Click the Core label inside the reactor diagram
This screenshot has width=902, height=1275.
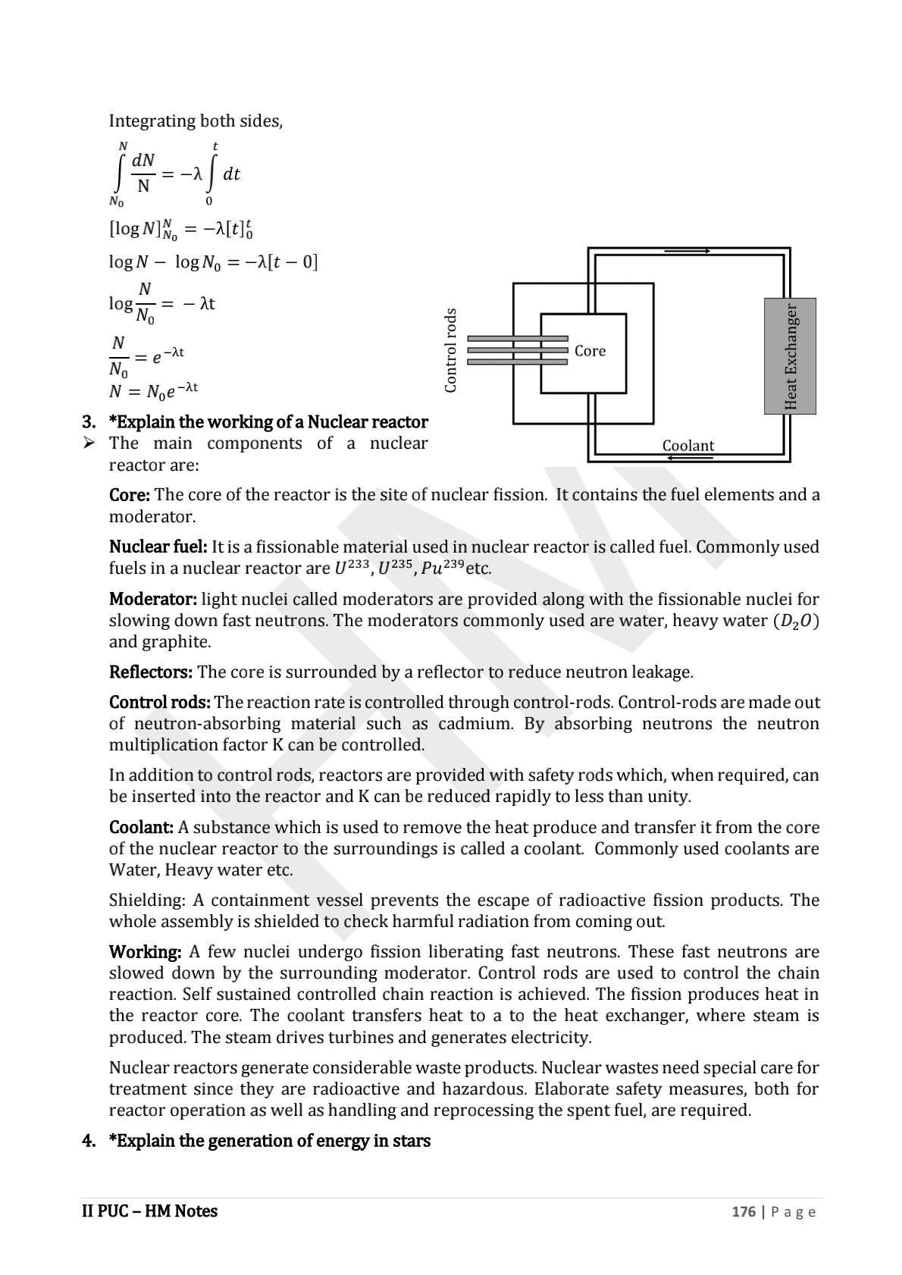590,351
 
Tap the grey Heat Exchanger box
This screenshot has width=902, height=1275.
790,356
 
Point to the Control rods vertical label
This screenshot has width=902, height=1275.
451,350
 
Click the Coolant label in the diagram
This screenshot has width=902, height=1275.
687,446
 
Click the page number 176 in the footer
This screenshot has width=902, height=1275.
743,1211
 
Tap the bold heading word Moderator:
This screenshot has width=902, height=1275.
152,599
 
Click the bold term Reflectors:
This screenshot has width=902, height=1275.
151,672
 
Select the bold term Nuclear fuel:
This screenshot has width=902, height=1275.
158,547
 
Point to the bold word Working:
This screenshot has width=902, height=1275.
145,951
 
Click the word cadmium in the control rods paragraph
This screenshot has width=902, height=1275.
475,723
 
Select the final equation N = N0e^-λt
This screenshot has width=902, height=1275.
153,391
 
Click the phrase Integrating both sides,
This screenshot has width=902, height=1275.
196,121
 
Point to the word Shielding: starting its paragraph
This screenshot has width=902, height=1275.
147,900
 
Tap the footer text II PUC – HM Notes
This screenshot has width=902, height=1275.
149,1211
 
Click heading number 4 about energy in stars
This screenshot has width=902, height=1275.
89,1141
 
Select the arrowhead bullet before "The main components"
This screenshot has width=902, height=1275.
89,443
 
